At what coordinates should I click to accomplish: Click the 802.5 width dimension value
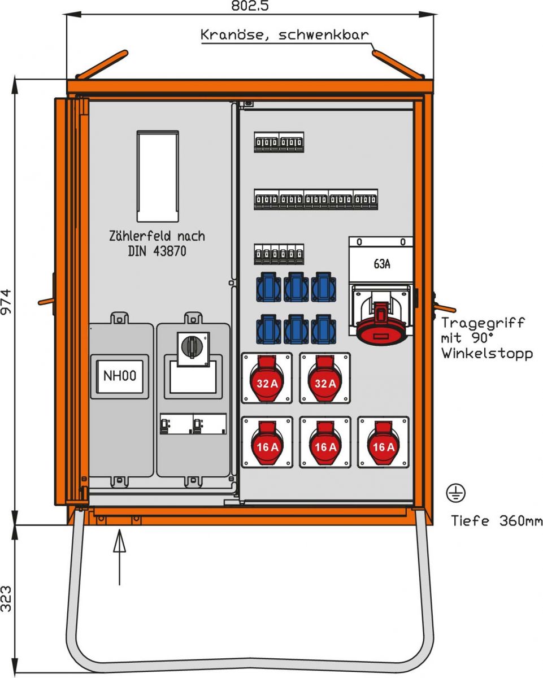point(250,6)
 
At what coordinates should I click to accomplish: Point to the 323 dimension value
point(6,598)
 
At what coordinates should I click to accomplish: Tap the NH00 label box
point(119,375)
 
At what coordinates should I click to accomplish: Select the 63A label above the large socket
point(381,264)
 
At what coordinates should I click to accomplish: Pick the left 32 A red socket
point(267,379)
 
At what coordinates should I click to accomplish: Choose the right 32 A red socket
point(325,379)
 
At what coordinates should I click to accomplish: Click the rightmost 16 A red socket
point(383,443)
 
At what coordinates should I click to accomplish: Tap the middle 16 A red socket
point(325,443)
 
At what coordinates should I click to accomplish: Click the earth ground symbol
point(455,493)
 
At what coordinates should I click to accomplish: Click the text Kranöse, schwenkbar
point(285,35)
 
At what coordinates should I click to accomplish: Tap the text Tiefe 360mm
point(497,520)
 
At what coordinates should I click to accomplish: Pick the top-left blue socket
point(268,286)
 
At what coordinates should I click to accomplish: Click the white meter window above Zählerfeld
point(158,176)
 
